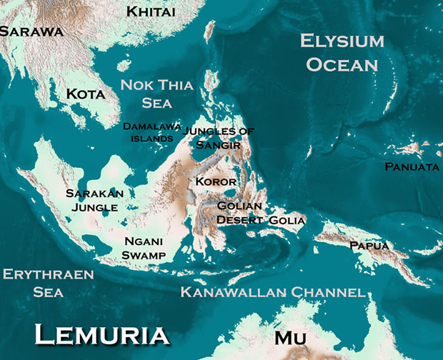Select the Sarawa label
30,31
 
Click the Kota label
85,94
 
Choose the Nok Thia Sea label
156,94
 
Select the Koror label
216,181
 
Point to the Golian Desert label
239,213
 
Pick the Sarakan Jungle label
94,200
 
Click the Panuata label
412,166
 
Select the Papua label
369,246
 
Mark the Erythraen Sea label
48,283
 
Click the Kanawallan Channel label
273,293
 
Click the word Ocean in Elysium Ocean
342,65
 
